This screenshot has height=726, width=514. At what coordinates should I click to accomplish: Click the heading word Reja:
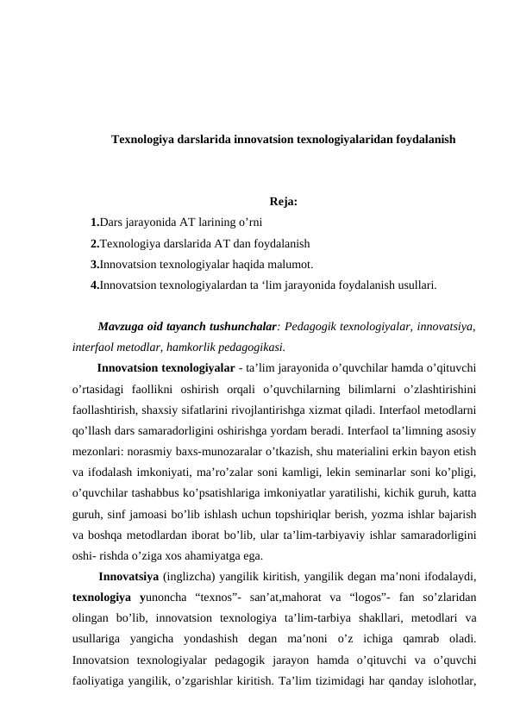point(284,203)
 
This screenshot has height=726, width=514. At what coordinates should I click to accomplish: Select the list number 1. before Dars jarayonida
point(94,222)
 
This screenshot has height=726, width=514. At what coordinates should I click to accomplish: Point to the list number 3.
point(94,264)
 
